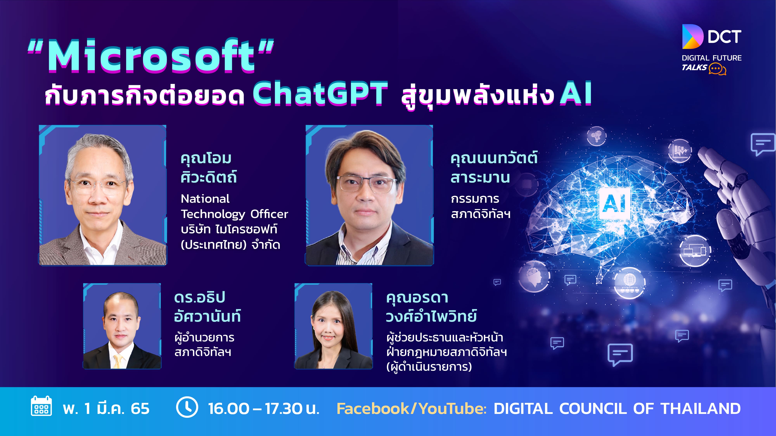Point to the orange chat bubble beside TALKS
click(x=717, y=69)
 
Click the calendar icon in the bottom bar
click(x=41, y=406)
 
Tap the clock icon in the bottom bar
click(x=187, y=407)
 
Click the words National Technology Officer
click(x=234, y=206)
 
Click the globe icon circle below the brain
click(x=630, y=283)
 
